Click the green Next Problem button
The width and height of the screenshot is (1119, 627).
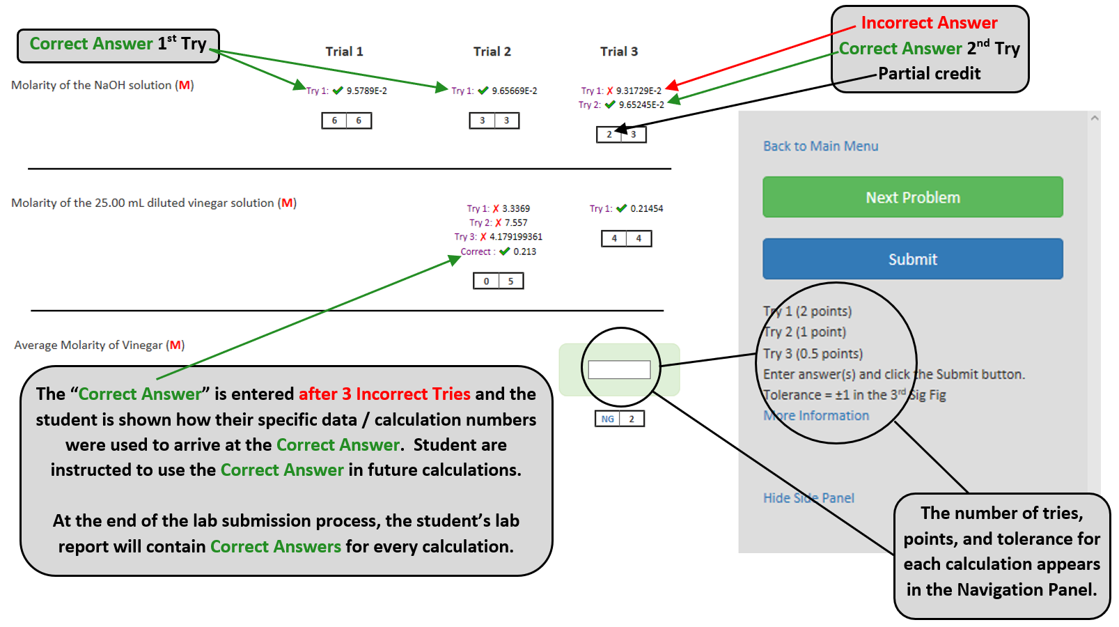912,197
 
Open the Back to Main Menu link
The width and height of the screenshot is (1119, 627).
820,146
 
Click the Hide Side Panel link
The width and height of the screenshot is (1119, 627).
808,498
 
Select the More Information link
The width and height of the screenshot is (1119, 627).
816,416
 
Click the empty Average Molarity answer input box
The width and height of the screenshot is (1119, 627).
619,370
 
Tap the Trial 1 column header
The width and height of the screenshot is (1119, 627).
344,52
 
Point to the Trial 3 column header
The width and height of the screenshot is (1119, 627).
618,52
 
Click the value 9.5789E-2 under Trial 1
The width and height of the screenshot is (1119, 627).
367,91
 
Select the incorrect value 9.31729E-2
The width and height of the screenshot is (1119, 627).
639,91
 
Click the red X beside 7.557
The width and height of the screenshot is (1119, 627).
499,223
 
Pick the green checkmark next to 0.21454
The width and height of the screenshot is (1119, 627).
621,208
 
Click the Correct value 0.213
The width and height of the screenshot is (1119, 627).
524,252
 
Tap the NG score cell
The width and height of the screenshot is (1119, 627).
608,419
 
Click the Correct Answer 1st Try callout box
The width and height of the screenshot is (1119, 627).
118,45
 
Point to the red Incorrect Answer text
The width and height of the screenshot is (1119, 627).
929,23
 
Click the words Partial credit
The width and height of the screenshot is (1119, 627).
929,74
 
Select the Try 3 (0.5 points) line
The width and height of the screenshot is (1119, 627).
813,354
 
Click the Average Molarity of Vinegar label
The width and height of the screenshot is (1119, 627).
99,346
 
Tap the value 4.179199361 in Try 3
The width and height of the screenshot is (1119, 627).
515,238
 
